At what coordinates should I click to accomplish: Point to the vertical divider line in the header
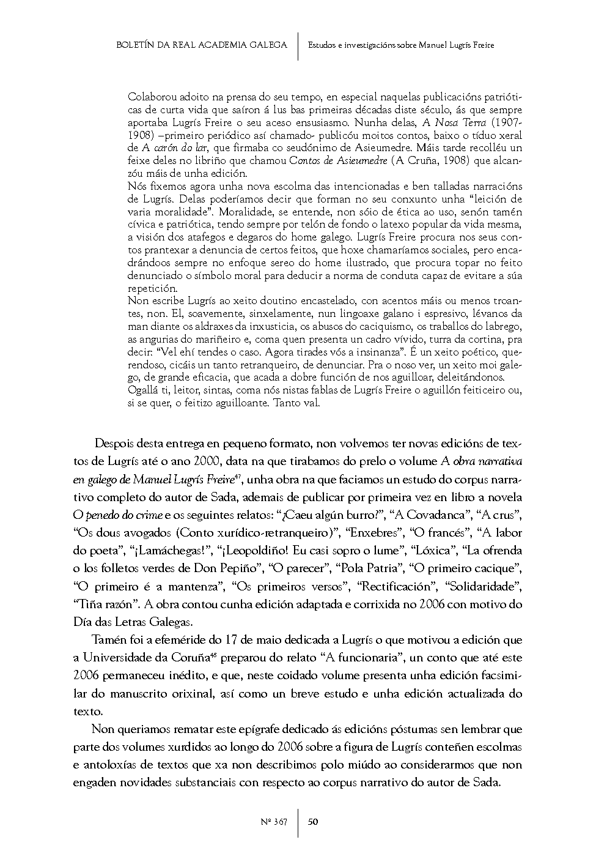click(x=298, y=46)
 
